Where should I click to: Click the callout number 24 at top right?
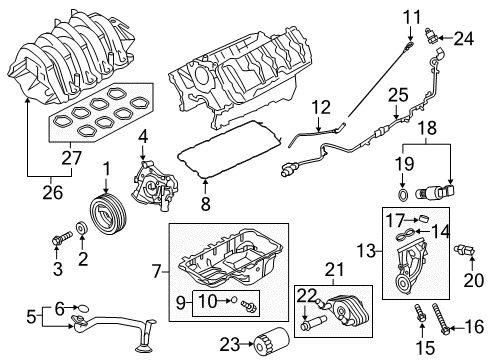pyautogui.click(x=462, y=39)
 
